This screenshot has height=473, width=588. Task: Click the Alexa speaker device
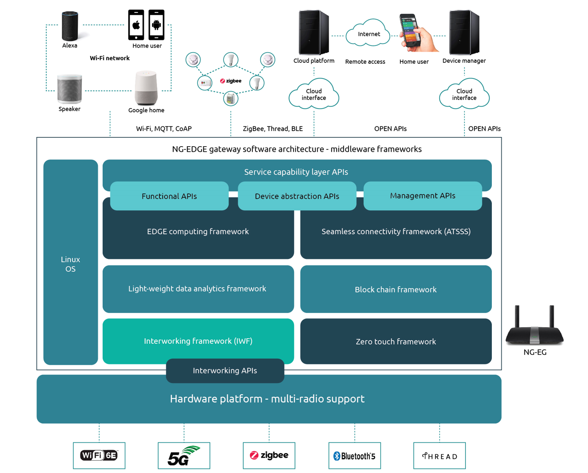point(70,26)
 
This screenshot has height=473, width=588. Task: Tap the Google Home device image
point(146,88)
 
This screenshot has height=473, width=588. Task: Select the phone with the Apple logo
point(136,25)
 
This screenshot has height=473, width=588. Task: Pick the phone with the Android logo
point(156,25)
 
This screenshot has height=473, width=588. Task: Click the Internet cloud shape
point(368,34)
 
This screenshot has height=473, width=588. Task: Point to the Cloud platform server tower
point(314,33)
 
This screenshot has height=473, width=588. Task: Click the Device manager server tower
point(464,33)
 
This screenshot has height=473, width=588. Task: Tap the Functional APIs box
point(169,196)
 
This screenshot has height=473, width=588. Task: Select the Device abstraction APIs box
point(297,196)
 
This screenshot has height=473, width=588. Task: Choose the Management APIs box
point(422,196)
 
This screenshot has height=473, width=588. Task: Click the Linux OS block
point(71,264)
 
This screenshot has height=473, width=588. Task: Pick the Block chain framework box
point(396,289)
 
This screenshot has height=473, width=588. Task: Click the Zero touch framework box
point(396,341)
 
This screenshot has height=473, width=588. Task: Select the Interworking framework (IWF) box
point(198,340)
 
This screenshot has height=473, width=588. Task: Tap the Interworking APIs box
point(225,371)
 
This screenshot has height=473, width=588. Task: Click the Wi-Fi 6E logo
point(99,456)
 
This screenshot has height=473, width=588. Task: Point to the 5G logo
point(184,456)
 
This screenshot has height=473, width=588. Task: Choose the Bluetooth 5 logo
point(354,456)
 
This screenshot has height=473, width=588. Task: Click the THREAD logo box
point(439,456)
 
